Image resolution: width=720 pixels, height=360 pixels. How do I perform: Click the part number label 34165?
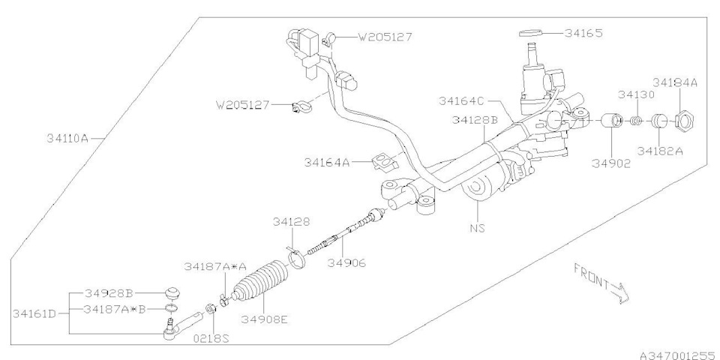tap(583, 33)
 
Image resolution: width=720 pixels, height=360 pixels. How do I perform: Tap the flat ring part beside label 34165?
tap(531, 33)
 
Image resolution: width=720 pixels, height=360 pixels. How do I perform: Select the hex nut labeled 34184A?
tap(685, 121)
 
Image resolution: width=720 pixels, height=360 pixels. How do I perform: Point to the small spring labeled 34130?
tap(634, 121)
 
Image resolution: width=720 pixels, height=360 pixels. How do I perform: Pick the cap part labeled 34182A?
tap(659, 121)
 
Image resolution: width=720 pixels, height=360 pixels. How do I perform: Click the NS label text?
tap(477, 227)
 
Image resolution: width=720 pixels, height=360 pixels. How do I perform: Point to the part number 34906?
tap(346, 263)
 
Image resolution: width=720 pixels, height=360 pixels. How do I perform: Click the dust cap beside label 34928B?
tap(172, 293)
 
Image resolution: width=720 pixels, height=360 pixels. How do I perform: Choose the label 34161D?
tap(34, 314)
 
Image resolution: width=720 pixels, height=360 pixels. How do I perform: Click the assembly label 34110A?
tap(67, 138)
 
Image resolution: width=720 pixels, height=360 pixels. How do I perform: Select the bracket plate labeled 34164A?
tap(385, 161)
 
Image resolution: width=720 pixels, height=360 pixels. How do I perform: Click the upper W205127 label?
tap(385, 37)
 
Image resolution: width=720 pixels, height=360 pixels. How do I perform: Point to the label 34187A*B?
tap(114, 309)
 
